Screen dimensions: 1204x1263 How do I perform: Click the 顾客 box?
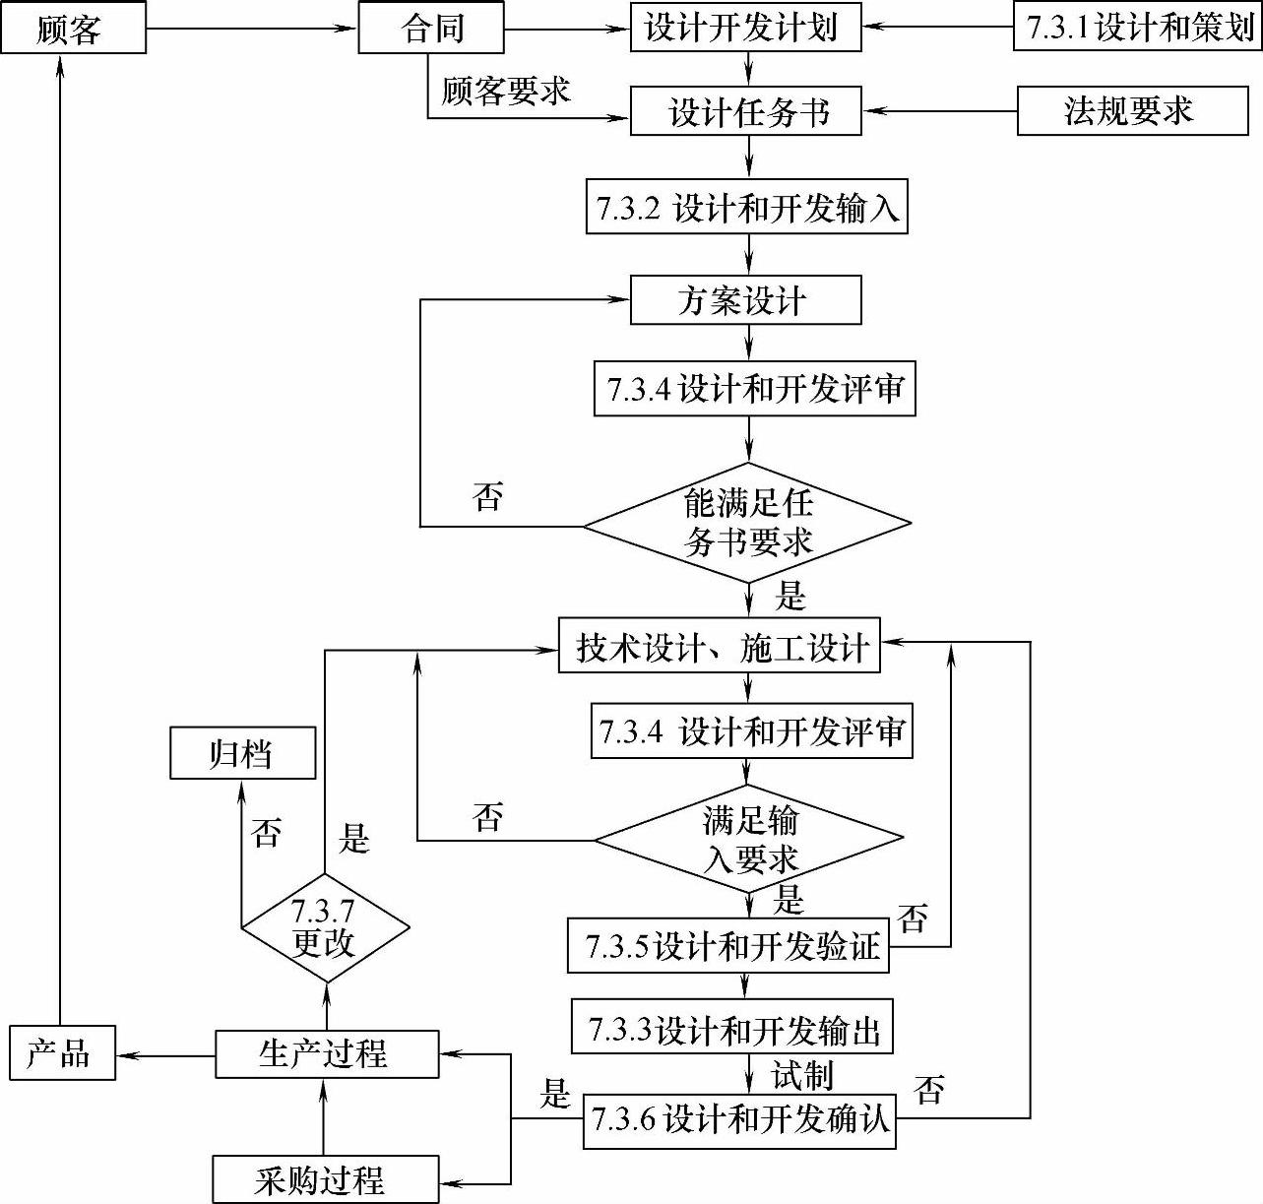click(73, 28)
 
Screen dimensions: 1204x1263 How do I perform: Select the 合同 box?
click(431, 28)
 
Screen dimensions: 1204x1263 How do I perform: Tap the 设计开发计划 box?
click(745, 28)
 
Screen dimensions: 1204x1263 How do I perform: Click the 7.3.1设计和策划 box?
click(1138, 28)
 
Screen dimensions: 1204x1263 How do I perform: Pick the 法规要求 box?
click(1132, 110)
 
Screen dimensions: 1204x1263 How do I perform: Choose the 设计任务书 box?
click(745, 110)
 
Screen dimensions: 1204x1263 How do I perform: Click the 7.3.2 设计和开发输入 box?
click(745, 207)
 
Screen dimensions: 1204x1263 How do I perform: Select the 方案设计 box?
click(745, 299)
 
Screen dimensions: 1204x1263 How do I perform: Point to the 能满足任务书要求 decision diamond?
click(748, 525)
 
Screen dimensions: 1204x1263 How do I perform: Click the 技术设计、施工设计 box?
click(720, 646)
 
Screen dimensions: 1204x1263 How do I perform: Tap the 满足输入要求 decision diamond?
click(749, 839)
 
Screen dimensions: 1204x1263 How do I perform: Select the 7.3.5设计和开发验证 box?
click(728, 947)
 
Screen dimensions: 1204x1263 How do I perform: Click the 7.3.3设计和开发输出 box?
click(732, 1029)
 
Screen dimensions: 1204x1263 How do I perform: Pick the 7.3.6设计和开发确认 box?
click(740, 1119)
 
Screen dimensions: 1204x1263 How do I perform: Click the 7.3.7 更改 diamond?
click(325, 927)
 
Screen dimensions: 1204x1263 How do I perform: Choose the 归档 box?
click(242, 753)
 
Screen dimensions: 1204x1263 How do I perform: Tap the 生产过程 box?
click(327, 1054)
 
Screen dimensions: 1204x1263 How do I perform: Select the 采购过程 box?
click(325, 1179)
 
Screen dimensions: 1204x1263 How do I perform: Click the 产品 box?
click(62, 1053)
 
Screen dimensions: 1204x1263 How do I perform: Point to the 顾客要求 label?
click(505, 92)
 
